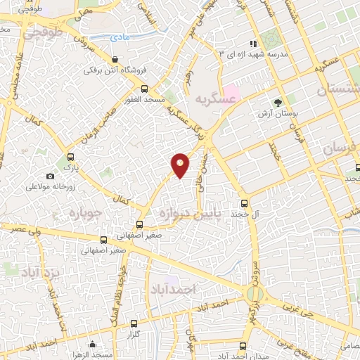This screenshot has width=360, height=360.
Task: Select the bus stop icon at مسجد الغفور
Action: coord(144,89)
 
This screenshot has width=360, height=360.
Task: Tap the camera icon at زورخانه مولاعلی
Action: coord(50,176)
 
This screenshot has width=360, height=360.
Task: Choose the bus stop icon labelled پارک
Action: coord(69,158)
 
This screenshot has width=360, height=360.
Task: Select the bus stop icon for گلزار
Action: coord(136,325)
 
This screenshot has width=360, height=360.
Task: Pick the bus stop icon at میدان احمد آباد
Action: coord(243,345)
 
